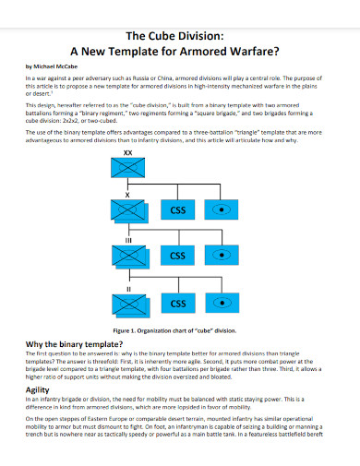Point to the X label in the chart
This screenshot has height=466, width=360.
coord(127,196)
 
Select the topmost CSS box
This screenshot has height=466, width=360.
coord(180,211)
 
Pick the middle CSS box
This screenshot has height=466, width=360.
coord(180,256)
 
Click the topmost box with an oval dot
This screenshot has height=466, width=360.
coord(232,211)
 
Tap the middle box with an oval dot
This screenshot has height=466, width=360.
coord(232,256)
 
